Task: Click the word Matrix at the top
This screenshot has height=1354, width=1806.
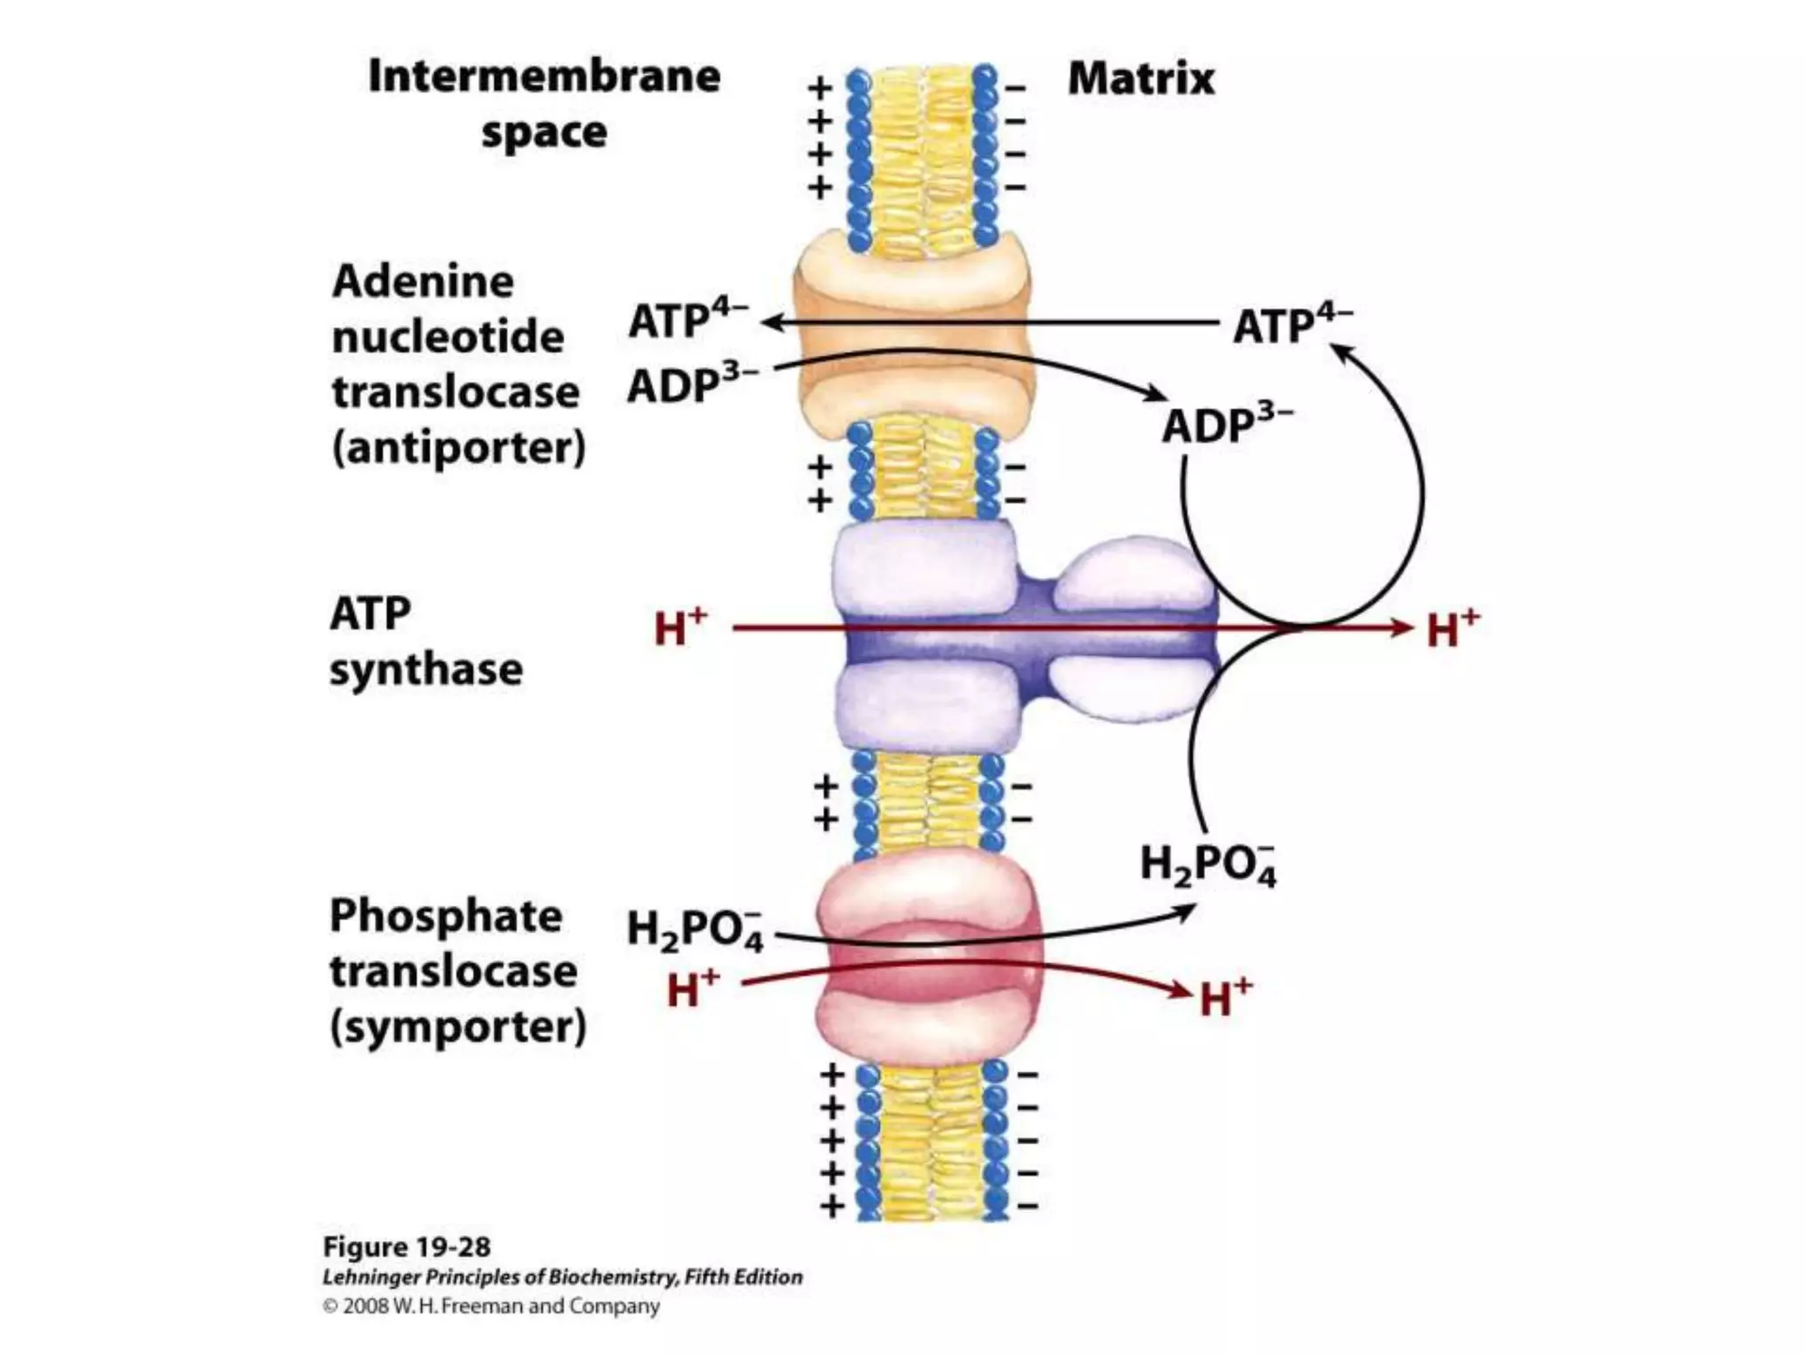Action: [1140, 79]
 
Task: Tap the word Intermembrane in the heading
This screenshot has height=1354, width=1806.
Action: [544, 77]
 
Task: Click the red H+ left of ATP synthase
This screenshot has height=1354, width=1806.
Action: [680, 628]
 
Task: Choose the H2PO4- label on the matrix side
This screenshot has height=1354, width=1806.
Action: [1207, 865]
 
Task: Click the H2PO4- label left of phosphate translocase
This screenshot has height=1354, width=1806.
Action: [694, 929]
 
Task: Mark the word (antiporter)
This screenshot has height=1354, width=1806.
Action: [459, 448]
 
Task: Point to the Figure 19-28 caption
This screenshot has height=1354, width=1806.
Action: [407, 1247]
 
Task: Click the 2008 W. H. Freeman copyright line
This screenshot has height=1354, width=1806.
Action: [490, 1306]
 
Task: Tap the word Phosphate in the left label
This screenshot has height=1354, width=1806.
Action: [445, 916]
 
